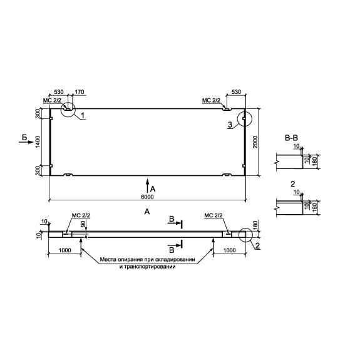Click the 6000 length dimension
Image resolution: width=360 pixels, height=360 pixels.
(x=147, y=197)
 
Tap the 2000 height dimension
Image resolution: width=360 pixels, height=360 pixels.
(x=255, y=142)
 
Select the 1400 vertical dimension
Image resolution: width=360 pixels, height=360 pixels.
(x=38, y=142)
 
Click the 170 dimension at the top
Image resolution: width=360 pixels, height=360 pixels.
(x=80, y=92)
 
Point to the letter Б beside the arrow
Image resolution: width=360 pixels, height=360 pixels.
(x=24, y=137)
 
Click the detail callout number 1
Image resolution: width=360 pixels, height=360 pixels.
(x=83, y=115)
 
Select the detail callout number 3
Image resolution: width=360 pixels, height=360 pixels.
(x=230, y=125)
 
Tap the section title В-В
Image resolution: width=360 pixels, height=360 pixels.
(x=291, y=138)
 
